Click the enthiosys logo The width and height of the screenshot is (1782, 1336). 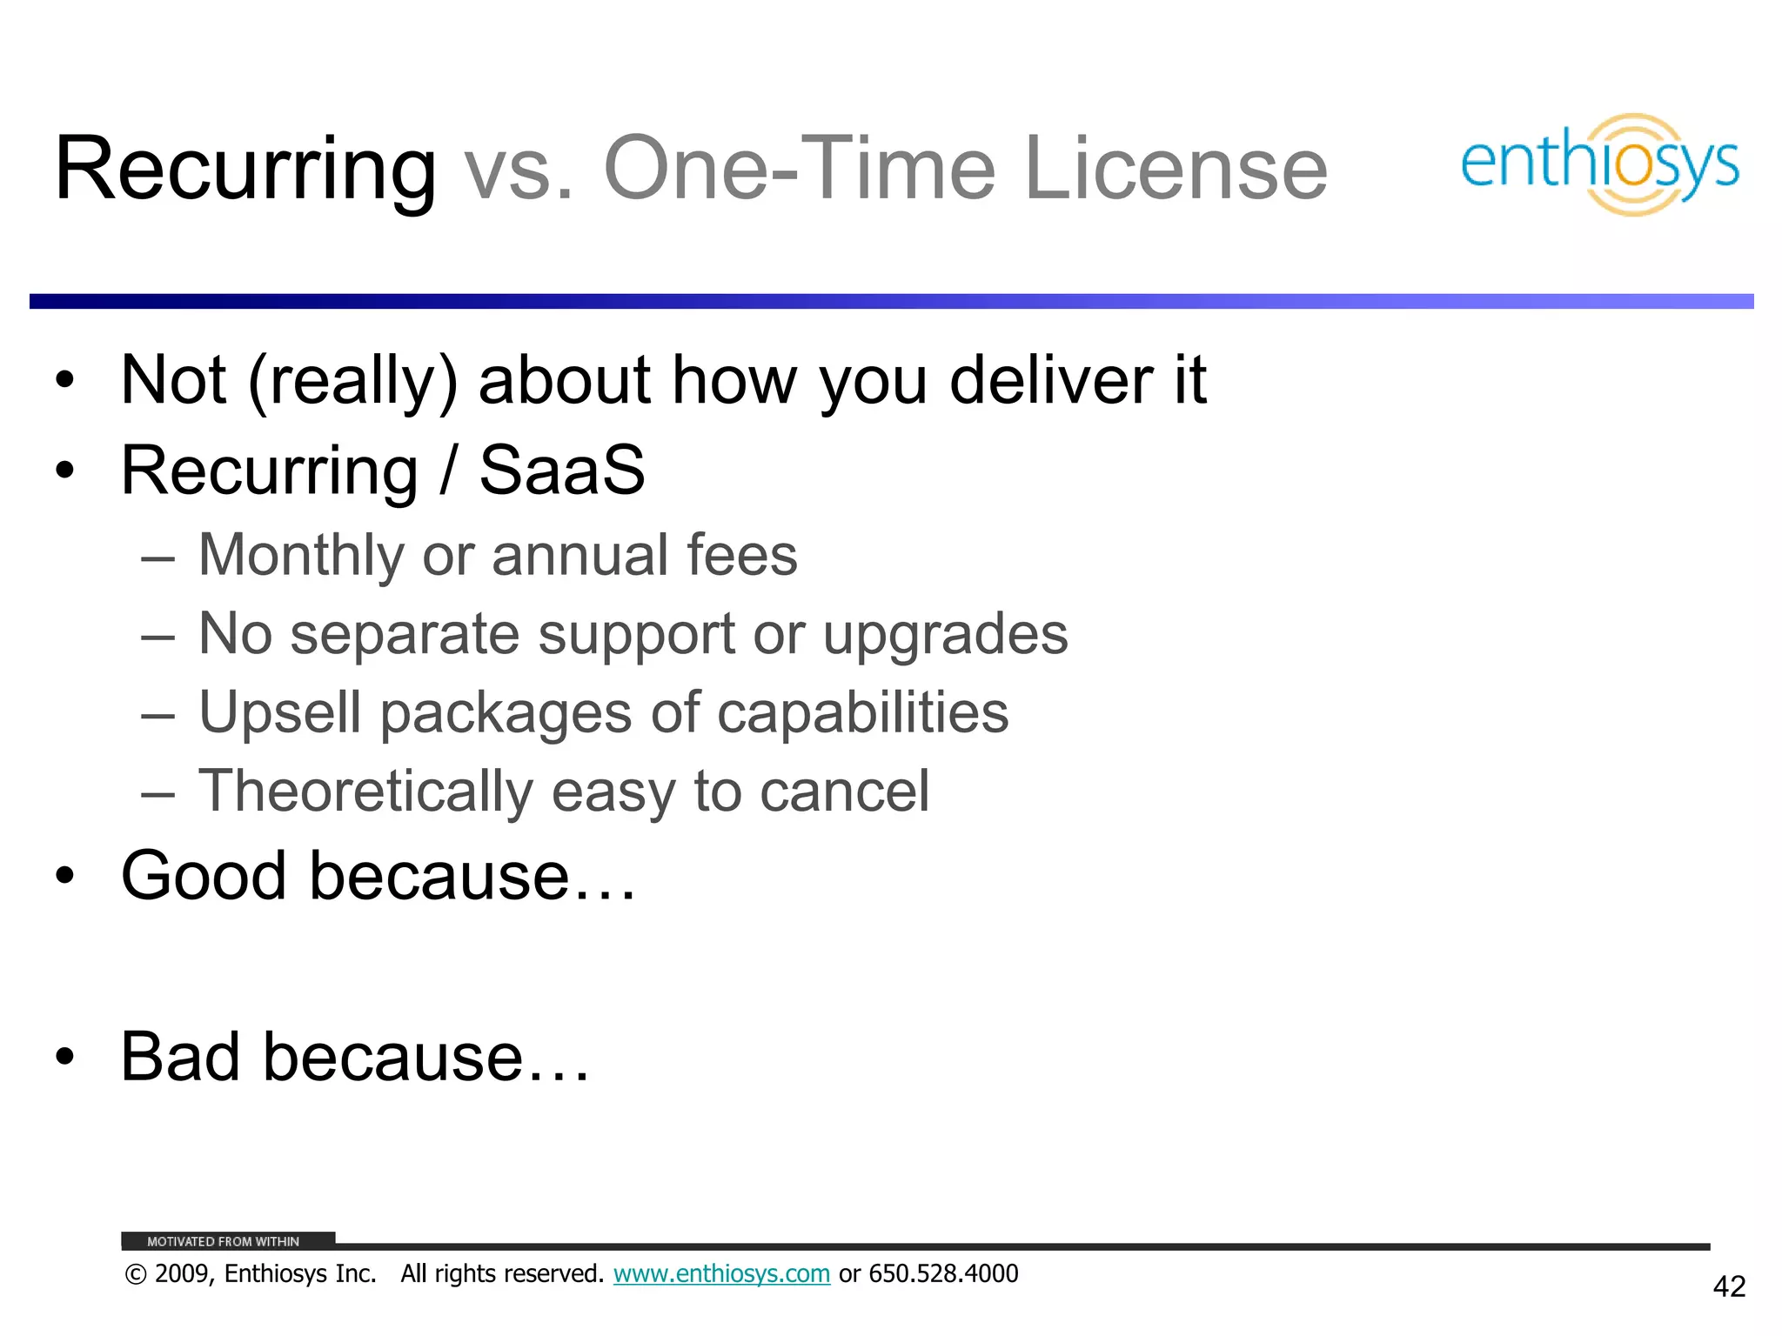1599,164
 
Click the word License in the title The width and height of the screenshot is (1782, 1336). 1176,169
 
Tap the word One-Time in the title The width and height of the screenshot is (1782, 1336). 799,169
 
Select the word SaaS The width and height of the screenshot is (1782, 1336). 562,471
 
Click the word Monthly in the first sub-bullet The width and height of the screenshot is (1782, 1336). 301,556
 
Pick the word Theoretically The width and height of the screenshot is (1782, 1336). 365,792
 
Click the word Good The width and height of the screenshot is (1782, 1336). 204,876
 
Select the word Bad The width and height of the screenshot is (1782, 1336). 180,1057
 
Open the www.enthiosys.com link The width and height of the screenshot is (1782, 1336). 721,1274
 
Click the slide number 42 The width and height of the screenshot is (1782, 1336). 1729,1286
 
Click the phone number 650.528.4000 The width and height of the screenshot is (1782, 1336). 943,1274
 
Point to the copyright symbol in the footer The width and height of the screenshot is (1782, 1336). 136,1275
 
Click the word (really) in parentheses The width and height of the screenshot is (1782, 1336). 352,382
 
